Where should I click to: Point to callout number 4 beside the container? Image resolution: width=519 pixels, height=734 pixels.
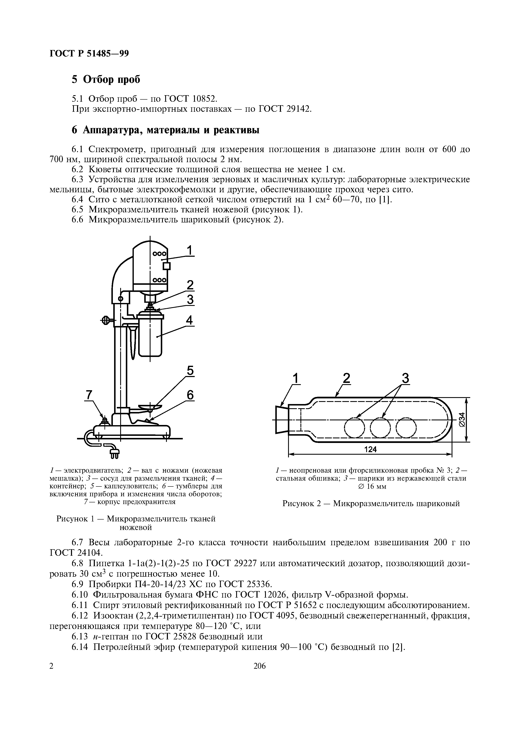[x=190, y=320]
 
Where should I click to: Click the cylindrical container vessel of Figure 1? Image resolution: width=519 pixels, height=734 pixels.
[x=151, y=336]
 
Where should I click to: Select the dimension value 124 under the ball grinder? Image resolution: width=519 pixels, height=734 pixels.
[x=370, y=449]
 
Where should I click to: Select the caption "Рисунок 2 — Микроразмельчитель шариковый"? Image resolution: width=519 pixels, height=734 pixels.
[x=371, y=503]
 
